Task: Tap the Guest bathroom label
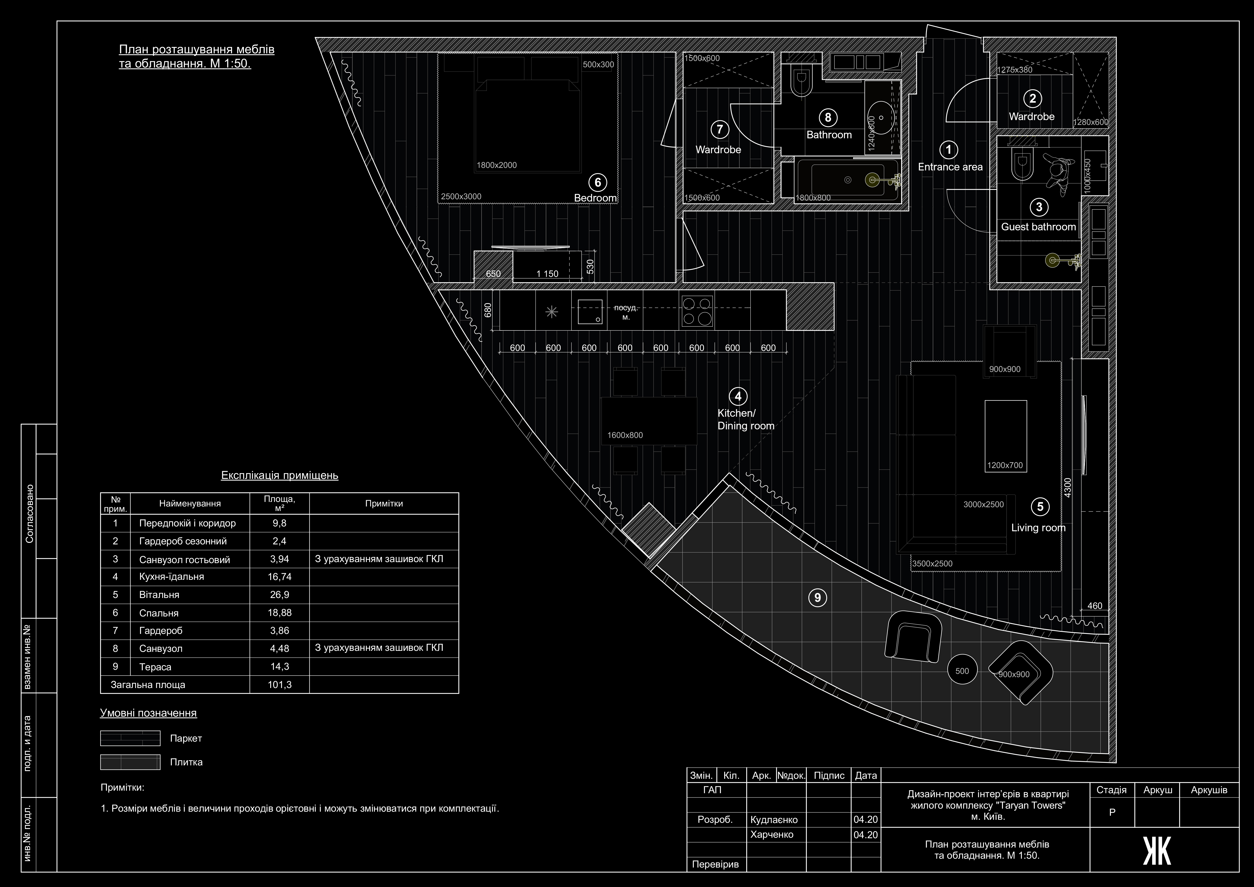[x=1038, y=227]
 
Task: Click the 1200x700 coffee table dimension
[x=1005, y=465]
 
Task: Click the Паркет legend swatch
[x=130, y=738]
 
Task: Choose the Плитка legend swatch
[x=130, y=762]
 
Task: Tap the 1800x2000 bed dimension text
[x=496, y=165]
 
